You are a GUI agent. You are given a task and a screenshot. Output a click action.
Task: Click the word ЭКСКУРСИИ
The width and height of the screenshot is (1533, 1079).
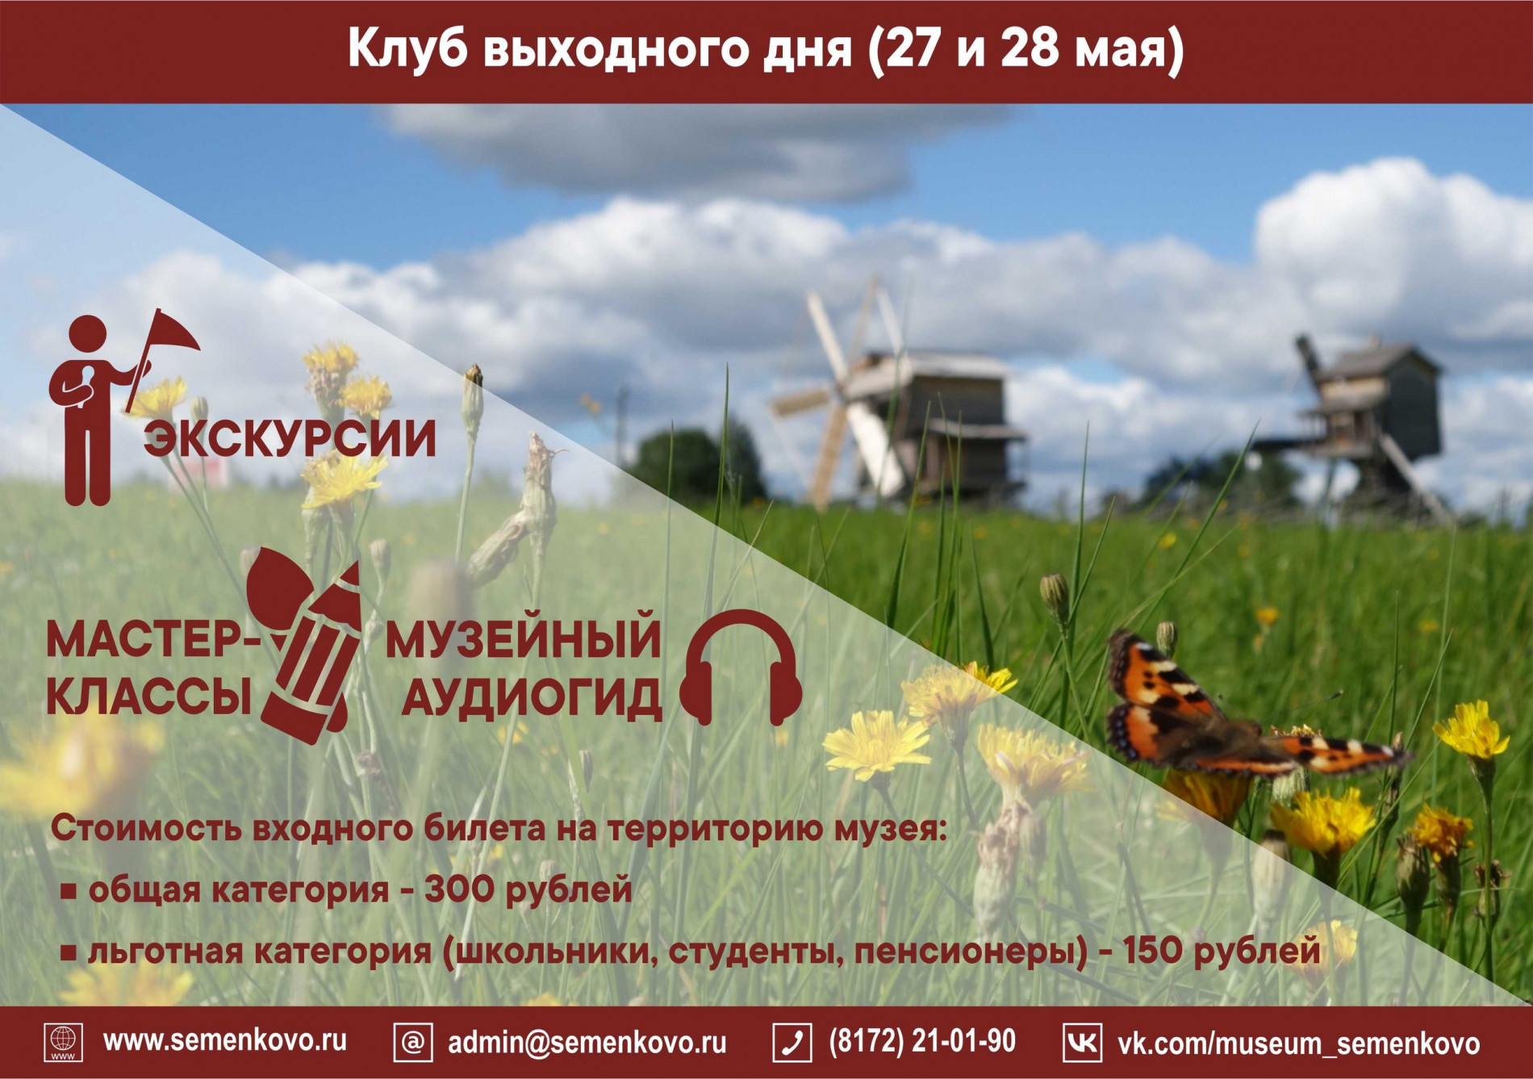pos(290,439)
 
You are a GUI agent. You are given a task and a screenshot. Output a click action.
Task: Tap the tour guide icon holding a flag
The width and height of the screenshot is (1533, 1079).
pos(121,408)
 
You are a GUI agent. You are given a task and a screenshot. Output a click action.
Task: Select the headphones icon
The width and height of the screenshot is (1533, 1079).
pos(741,667)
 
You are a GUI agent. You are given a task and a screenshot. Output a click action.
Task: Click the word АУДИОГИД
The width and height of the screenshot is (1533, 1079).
pos(532,697)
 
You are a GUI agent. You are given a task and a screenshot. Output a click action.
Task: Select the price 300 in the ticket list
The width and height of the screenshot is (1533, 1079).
pos(459,889)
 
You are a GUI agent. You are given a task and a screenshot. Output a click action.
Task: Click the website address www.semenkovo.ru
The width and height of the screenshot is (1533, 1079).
pos(225,1041)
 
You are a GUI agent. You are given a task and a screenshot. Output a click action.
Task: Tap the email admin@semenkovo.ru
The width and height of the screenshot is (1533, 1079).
pos(587,1042)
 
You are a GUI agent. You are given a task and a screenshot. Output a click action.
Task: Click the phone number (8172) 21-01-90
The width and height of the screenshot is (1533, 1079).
pos(921,1041)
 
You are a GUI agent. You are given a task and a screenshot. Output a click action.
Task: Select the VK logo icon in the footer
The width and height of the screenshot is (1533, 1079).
pos(1081,1042)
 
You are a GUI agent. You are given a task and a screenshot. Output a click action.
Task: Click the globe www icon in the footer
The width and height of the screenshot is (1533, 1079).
pos(63,1042)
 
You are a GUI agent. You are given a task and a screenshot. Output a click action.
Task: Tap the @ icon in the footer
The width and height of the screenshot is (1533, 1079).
pos(412,1042)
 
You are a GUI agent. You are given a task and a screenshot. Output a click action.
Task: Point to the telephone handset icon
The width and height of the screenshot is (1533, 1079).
pos(792,1042)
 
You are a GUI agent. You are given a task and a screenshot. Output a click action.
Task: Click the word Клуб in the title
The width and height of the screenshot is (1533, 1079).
pos(407,48)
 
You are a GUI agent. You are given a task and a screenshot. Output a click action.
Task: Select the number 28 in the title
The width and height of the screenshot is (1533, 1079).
pos(1030,48)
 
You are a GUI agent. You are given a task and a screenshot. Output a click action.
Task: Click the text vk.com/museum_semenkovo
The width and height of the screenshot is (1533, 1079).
pos(1298,1043)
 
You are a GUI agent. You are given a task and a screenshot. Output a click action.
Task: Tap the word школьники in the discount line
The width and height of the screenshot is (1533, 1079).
pos(553,951)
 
